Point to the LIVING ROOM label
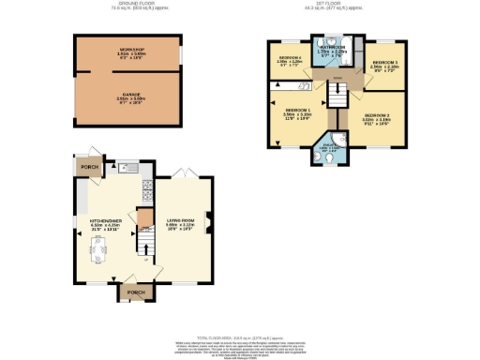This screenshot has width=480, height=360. tap(180, 221)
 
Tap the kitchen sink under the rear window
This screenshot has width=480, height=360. tap(128, 167)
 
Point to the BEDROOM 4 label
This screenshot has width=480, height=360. tap(289, 58)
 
